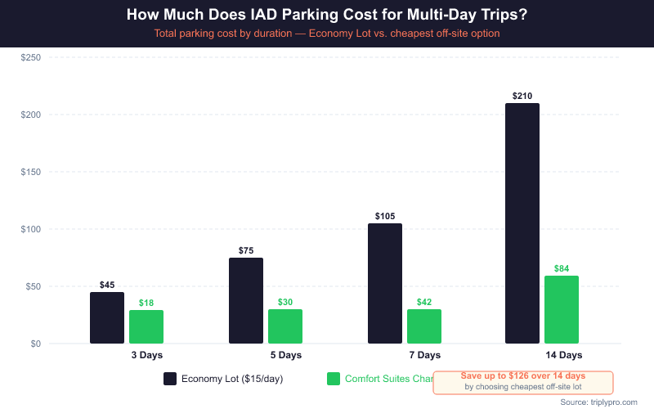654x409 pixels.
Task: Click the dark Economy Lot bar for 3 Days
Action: (107, 317)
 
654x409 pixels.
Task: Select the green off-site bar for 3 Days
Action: (146, 326)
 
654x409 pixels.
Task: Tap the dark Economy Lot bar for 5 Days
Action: (246, 300)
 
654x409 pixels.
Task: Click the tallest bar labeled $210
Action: (522, 223)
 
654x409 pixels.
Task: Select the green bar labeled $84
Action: (562, 309)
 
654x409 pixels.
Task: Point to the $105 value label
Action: (385, 216)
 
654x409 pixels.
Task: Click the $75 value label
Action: (246, 250)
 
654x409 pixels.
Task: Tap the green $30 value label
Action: (285, 302)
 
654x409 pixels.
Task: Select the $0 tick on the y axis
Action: (35, 344)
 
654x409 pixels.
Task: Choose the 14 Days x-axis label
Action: (564, 355)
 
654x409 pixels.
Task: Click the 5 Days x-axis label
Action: (286, 355)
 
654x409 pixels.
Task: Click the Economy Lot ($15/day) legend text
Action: (232, 379)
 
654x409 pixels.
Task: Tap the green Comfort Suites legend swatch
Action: (333, 379)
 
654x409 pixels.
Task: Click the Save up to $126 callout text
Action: (523, 375)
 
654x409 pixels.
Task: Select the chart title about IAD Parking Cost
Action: (327, 16)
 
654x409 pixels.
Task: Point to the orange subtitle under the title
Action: (327, 34)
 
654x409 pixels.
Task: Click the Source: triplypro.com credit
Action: (598, 402)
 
